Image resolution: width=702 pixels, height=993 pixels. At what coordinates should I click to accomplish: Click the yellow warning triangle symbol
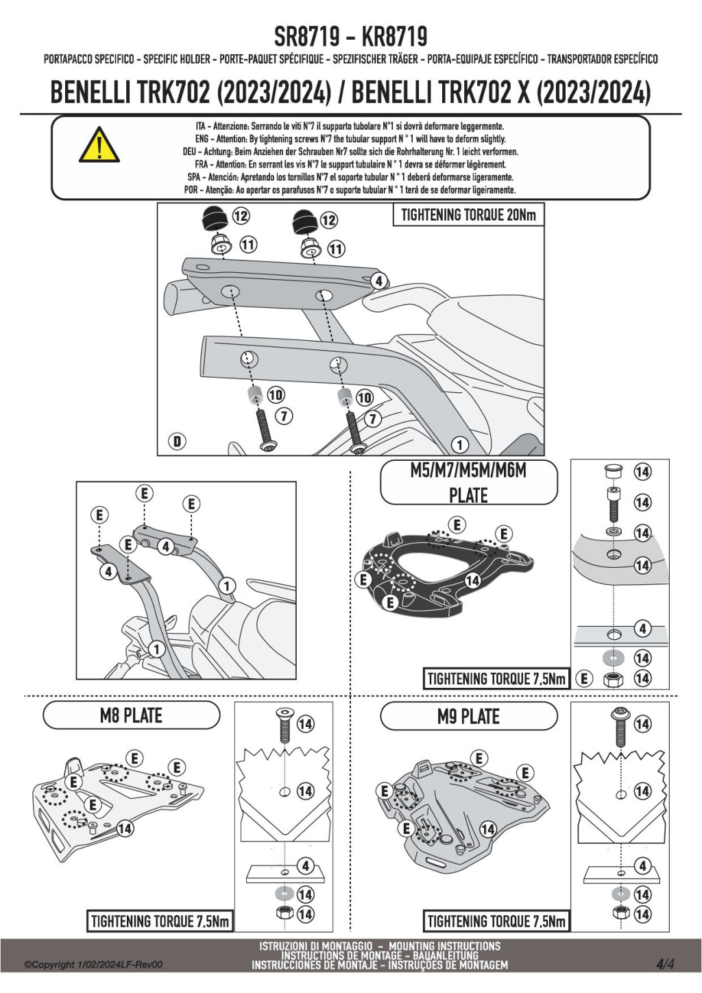(99, 145)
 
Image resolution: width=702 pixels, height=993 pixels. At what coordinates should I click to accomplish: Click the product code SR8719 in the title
(306, 36)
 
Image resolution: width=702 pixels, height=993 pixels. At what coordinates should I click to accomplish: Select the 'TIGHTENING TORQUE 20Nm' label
(468, 215)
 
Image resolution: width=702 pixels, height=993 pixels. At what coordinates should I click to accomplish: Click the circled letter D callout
(178, 440)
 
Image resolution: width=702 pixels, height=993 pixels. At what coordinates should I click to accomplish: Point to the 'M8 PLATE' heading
(131, 716)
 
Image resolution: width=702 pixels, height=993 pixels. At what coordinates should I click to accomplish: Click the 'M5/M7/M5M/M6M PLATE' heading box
(468, 483)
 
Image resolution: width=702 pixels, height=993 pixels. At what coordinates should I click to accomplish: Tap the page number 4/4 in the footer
(665, 964)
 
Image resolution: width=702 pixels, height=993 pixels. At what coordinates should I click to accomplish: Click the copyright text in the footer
(93, 965)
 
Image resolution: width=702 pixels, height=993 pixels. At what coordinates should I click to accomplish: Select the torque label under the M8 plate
(160, 921)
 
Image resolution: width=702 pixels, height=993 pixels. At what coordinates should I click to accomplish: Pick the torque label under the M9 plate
(496, 921)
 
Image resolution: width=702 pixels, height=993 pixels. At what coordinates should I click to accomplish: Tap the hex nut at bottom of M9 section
(621, 913)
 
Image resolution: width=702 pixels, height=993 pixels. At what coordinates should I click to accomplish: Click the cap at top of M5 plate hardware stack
(613, 471)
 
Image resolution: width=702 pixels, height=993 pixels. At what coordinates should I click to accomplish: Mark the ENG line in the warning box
(350, 139)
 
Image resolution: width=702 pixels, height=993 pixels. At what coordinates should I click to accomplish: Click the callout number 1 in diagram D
(459, 444)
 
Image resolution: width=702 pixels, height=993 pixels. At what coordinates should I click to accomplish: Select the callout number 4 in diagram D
(378, 280)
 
